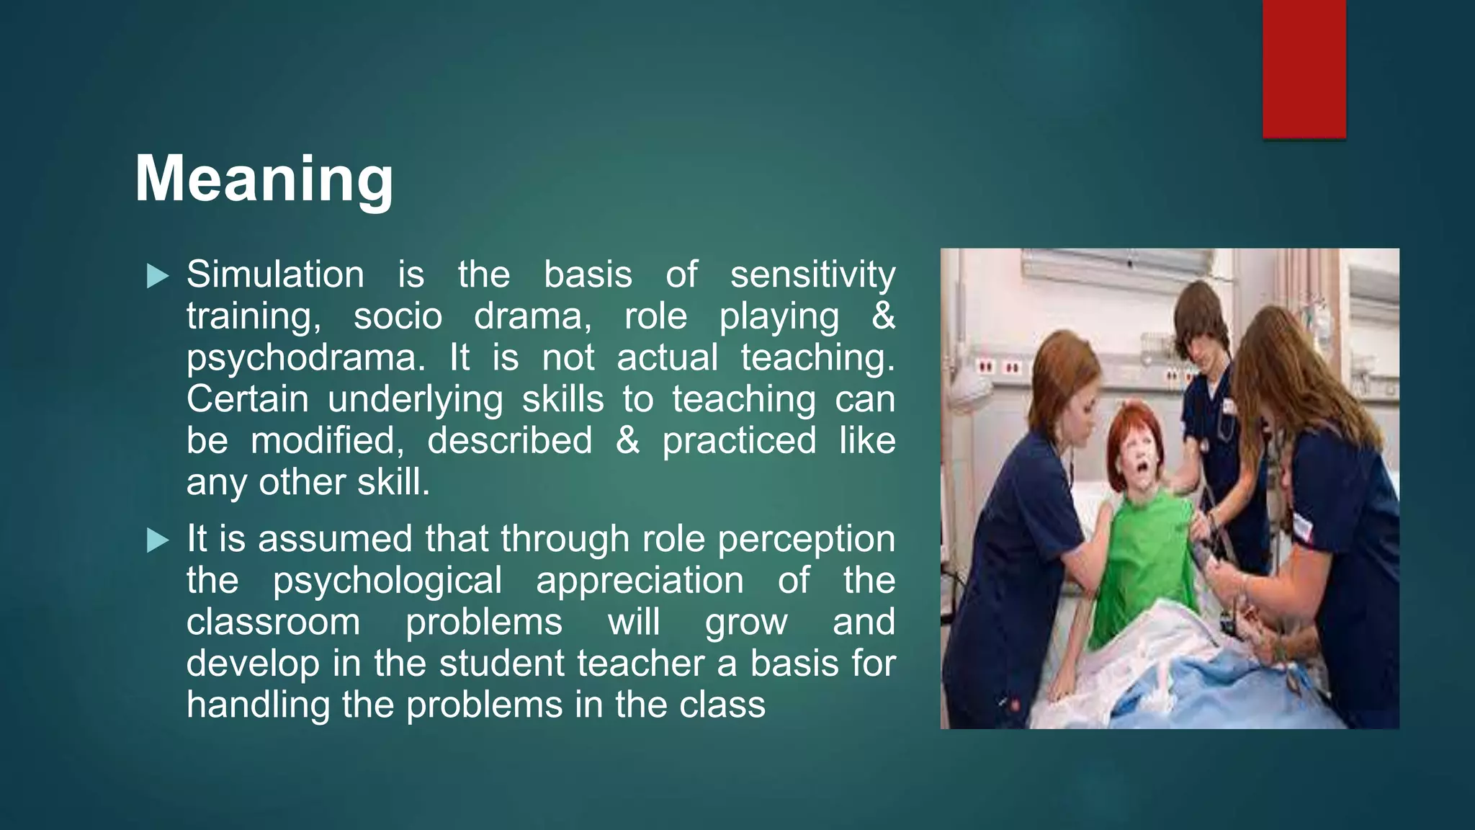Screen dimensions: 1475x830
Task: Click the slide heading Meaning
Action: click(264, 179)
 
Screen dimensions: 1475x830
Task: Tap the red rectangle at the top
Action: click(1304, 69)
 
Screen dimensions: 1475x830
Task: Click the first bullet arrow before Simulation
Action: click(157, 275)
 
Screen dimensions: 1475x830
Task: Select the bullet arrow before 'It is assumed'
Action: click(157, 540)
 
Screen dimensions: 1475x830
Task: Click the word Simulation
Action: click(275, 275)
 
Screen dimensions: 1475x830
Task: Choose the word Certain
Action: click(248, 399)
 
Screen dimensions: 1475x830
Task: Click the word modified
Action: click(328, 441)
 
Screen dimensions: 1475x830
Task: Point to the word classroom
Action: click(273, 622)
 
